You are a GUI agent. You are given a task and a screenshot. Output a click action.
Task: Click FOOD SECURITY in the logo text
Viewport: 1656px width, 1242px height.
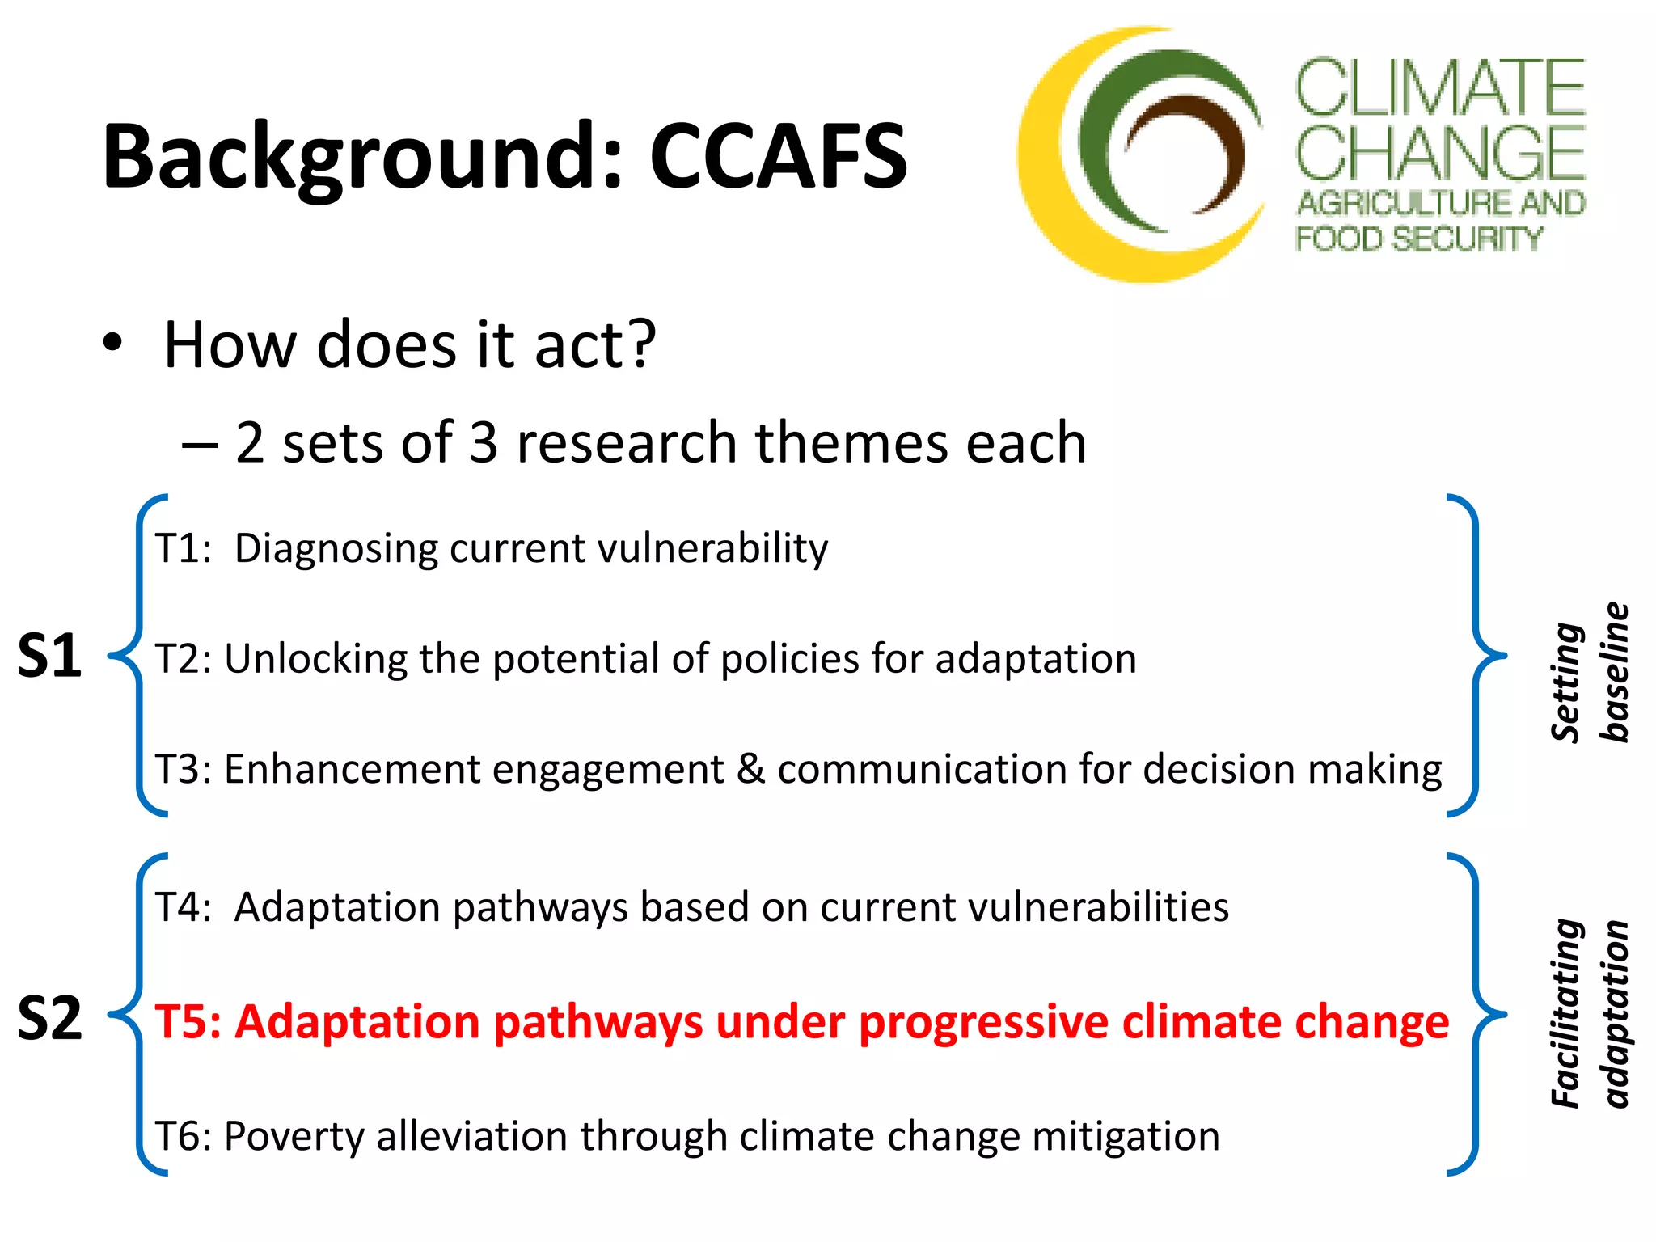(x=1419, y=239)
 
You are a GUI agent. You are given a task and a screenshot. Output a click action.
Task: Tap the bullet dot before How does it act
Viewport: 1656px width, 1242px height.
(x=113, y=343)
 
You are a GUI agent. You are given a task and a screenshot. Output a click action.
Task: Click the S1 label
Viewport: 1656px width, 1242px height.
(x=49, y=655)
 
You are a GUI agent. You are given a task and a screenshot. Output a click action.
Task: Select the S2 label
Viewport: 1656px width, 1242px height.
(x=49, y=1017)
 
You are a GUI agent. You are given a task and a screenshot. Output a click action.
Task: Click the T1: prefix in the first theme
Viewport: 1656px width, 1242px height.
(x=183, y=548)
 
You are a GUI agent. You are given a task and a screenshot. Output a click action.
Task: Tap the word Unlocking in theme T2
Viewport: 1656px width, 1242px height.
(x=315, y=658)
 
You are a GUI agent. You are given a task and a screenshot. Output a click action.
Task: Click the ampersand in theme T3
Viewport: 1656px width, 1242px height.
(x=750, y=768)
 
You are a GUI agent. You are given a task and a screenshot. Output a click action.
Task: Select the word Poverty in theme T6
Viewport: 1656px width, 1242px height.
(x=294, y=1137)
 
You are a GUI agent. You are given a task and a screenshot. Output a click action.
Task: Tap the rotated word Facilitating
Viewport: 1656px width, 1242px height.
(x=1566, y=1012)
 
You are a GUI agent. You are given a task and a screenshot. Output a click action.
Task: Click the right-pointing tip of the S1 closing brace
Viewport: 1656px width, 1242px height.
(x=1504, y=655)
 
